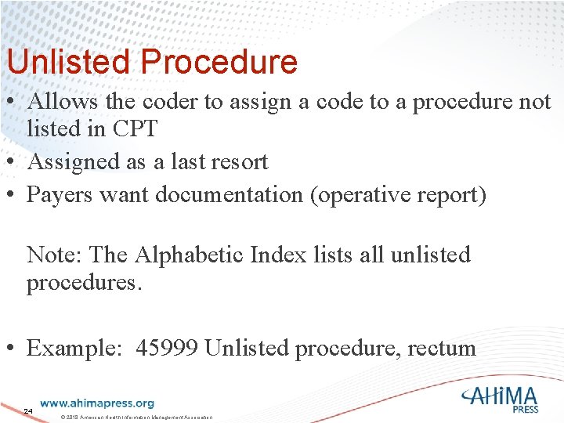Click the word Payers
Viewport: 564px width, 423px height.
60,195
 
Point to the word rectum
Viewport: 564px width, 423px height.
442,347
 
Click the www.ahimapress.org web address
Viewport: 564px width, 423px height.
97,403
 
